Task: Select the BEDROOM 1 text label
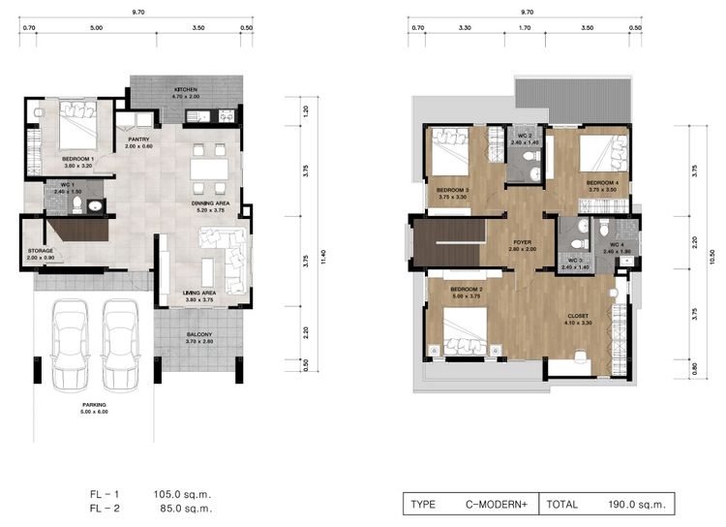point(77,158)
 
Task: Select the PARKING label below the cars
point(94,405)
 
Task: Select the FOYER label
point(522,243)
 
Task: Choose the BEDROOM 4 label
point(602,182)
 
